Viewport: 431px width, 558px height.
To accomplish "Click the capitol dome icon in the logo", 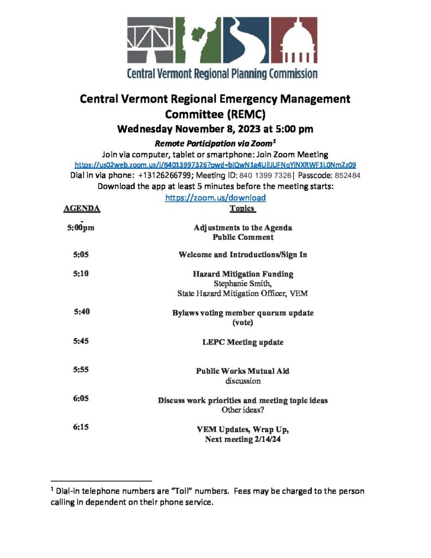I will (x=295, y=41).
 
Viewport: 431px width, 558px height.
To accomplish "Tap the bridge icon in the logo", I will (x=150, y=41).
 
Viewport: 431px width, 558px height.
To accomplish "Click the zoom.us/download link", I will (x=215, y=198).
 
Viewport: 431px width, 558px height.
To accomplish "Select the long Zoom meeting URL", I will (x=215, y=164).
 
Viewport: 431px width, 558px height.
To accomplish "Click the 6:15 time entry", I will (x=81, y=428).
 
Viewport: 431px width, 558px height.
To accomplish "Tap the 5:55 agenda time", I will (x=81, y=370).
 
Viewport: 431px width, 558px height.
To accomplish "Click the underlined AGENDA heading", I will (x=82, y=209).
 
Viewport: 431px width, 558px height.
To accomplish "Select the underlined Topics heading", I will (x=242, y=209).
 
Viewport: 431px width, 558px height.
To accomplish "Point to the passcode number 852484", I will (x=343, y=175).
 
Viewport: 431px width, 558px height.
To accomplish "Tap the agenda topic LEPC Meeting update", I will (x=242, y=343).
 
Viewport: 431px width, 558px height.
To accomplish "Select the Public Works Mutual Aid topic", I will (x=242, y=371).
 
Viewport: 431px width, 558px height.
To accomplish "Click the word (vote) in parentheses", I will (x=242, y=323).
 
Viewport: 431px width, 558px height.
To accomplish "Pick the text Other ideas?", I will (x=242, y=410).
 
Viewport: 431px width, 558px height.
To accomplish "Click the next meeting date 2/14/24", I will (x=265, y=439).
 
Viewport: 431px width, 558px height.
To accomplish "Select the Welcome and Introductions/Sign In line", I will (x=242, y=255).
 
